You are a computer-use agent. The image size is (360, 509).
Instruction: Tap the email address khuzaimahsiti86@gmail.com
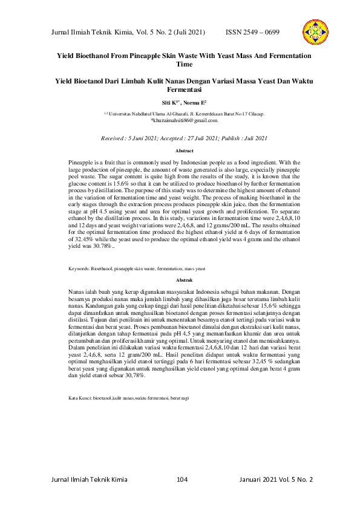tap(184, 120)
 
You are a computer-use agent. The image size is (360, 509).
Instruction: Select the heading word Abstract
tap(184, 151)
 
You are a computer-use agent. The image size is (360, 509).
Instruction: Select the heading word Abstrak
tap(184, 280)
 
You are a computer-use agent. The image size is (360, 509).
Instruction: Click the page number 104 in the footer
tap(182, 479)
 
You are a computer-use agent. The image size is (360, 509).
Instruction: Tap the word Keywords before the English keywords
tap(79, 267)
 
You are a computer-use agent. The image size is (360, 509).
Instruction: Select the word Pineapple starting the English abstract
tap(81, 163)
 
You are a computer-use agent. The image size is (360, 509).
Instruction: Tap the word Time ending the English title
tap(184, 63)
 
